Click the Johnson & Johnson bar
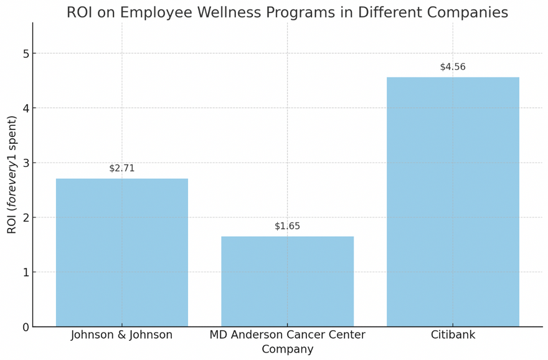pos(121,252)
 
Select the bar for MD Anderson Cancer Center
pos(287,282)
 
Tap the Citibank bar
pos(453,202)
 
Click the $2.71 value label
pos(121,168)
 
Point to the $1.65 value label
pos(287,226)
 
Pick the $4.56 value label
pos(453,67)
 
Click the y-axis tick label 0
pos(26,327)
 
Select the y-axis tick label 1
pos(26,272)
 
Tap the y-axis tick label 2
pos(26,217)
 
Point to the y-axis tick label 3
pos(26,163)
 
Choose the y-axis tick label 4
pos(26,108)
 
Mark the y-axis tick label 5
pos(26,54)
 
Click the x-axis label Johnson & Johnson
pos(121,335)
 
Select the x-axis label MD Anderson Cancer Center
pos(287,335)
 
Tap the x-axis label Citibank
pos(453,335)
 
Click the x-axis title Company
pos(287,349)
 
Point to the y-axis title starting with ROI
pos(12,174)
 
